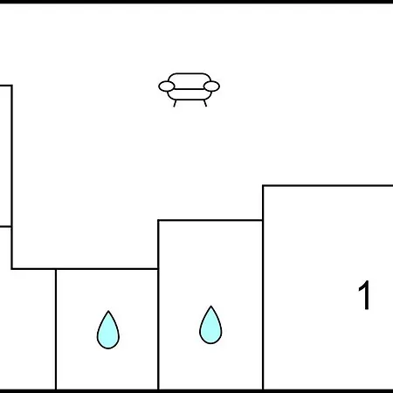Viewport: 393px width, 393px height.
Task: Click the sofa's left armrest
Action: click(x=167, y=86)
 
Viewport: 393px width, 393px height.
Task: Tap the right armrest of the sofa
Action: click(x=211, y=86)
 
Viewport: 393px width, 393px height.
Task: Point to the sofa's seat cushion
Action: click(x=190, y=94)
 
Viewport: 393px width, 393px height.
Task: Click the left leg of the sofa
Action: click(x=175, y=103)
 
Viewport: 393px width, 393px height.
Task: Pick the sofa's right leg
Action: click(x=205, y=103)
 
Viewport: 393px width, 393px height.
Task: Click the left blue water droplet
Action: click(x=108, y=330)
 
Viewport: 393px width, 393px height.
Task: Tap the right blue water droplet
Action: click(x=210, y=326)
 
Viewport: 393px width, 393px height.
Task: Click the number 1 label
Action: click(x=364, y=295)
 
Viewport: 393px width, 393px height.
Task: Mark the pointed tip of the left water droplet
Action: click(x=108, y=311)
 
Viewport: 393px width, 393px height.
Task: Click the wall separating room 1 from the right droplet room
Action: click(x=263, y=287)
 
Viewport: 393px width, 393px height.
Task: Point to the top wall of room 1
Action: click(x=327, y=185)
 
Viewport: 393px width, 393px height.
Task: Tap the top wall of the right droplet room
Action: click(x=210, y=220)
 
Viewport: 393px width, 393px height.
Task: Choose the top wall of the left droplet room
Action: click(x=107, y=269)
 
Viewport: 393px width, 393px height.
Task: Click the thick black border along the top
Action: click(x=196, y=2)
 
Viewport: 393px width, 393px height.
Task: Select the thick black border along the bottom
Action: click(x=196, y=391)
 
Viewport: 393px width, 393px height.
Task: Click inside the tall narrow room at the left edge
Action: click(x=5, y=155)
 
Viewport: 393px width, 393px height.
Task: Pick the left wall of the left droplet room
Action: click(x=56, y=329)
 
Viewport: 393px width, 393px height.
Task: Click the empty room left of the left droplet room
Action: click(x=28, y=329)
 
